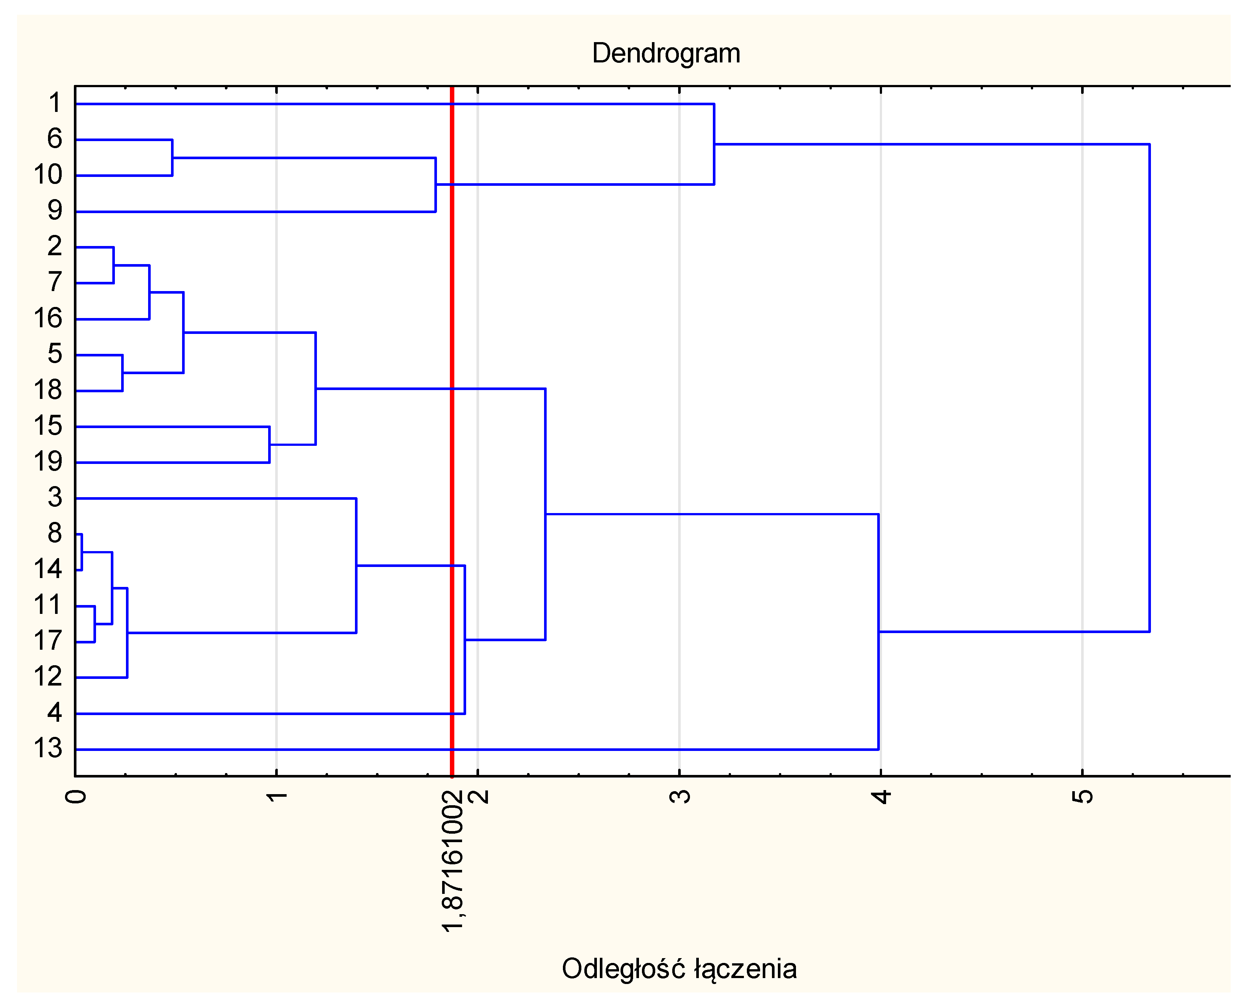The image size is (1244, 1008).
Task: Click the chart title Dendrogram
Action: click(666, 54)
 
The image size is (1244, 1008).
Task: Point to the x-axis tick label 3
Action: click(680, 796)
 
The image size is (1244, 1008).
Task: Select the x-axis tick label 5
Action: click(1083, 796)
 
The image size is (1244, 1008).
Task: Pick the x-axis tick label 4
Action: click(881, 796)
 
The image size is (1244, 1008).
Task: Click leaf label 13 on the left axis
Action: click(48, 748)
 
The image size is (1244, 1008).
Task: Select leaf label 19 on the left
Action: click(48, 462)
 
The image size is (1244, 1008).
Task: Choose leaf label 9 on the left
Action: click(55, 210)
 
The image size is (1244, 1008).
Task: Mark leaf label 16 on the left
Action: click(48, 318)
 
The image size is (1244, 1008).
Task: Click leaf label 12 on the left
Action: click(48, 676)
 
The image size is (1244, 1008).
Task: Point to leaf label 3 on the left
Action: click(55, 497)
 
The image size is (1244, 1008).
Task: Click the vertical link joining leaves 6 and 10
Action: click(172, 157)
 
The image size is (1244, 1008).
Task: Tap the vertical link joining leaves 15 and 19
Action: click(269, 445)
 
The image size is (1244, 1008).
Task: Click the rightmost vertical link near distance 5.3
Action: click(1149, 387)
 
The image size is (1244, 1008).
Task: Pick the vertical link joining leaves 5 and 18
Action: click(123, 373)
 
